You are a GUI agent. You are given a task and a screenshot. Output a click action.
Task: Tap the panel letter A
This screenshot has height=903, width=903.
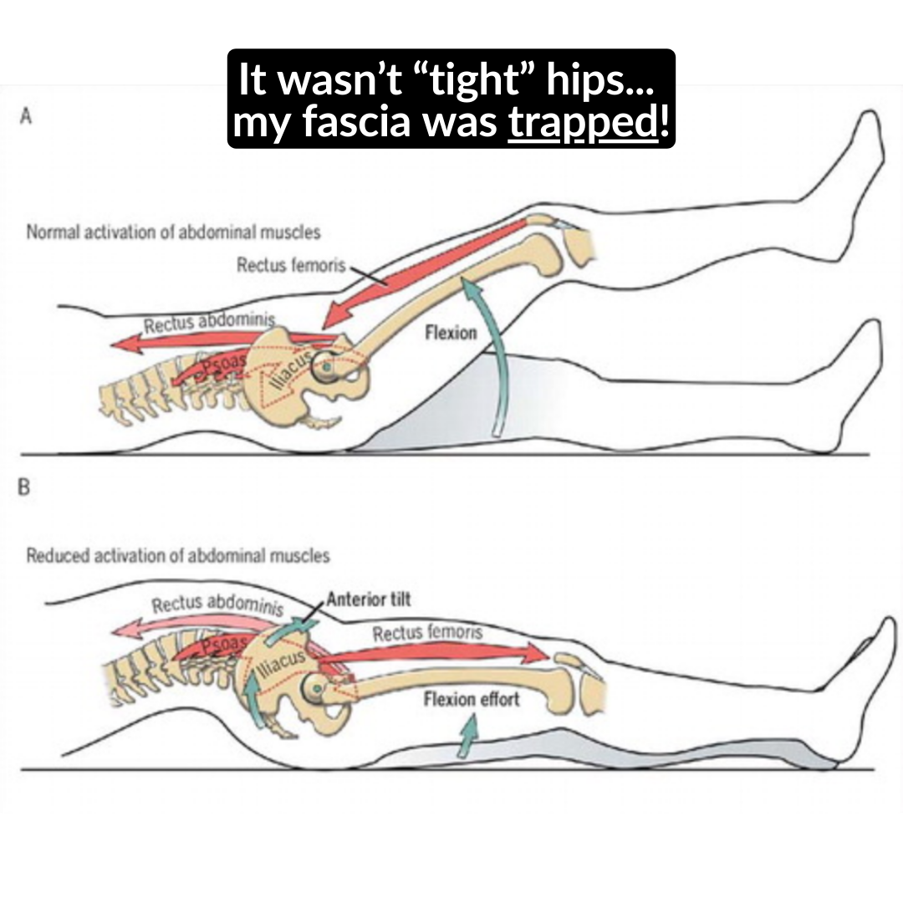click(25, 117)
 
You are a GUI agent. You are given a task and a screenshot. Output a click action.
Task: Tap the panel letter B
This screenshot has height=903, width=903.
click(24, 487)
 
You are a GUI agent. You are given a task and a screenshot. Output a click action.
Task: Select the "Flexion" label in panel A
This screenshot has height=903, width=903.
click(451, 332)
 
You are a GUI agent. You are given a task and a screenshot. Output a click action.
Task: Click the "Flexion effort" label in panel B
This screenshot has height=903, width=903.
click(472, 698)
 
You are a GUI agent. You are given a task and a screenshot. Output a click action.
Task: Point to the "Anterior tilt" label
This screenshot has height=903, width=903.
click(370, 599)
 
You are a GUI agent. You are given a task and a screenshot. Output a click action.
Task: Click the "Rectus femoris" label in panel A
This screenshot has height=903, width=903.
click(291, 265)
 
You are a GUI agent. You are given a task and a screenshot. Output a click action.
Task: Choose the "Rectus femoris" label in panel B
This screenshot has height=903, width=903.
click(427, 633)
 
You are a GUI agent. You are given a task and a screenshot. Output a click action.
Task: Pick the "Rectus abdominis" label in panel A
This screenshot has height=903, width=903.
click(209, 323)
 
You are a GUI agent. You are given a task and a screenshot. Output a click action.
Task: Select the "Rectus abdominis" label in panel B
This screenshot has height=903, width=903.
click(217, 605)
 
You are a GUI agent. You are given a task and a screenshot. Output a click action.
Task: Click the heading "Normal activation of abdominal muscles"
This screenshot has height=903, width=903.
click(173, 232)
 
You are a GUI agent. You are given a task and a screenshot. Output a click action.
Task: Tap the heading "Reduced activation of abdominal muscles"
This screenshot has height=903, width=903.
click(178, 555)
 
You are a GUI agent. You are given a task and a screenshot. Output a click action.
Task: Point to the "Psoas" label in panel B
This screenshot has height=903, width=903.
click(224, 643)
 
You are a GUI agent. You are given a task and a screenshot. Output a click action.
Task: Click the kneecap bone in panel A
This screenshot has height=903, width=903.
click(579, 245)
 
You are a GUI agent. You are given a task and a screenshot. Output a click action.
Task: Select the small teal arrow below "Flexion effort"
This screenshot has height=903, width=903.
click(469, 735)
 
